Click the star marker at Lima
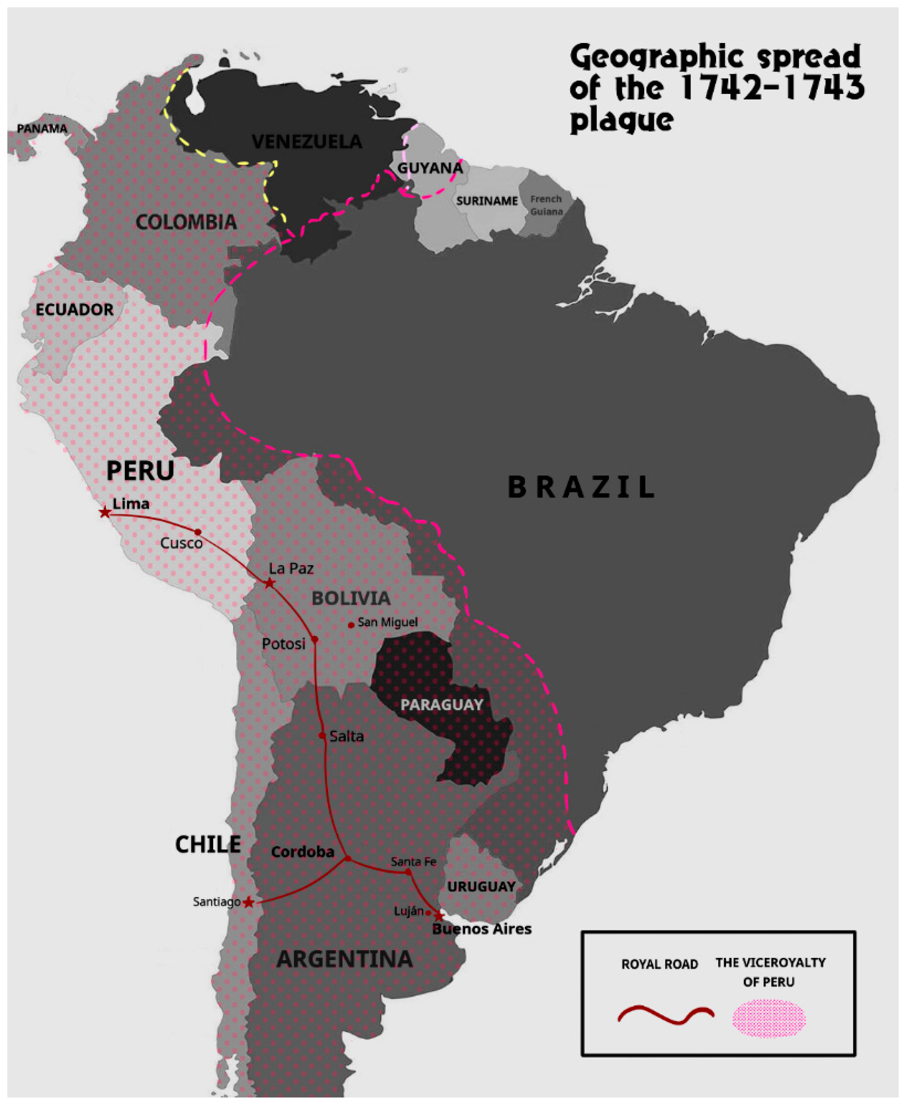coord(105,512)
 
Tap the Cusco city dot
coord(198,532)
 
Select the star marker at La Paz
coord(269,583)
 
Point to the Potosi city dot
coord(315,639)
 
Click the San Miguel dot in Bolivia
coord(351,625)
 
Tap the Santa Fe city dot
coord(409,872)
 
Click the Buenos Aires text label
coord(482,929)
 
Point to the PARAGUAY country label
coord(441,704)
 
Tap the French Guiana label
coord(546,205)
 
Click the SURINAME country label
coord(487,201)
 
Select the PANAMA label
coord(42,128)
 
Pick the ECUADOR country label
coord(74,309)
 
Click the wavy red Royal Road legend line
coord(665,1015)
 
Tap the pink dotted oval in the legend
coord(769,1018)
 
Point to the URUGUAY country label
coord(481,887)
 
